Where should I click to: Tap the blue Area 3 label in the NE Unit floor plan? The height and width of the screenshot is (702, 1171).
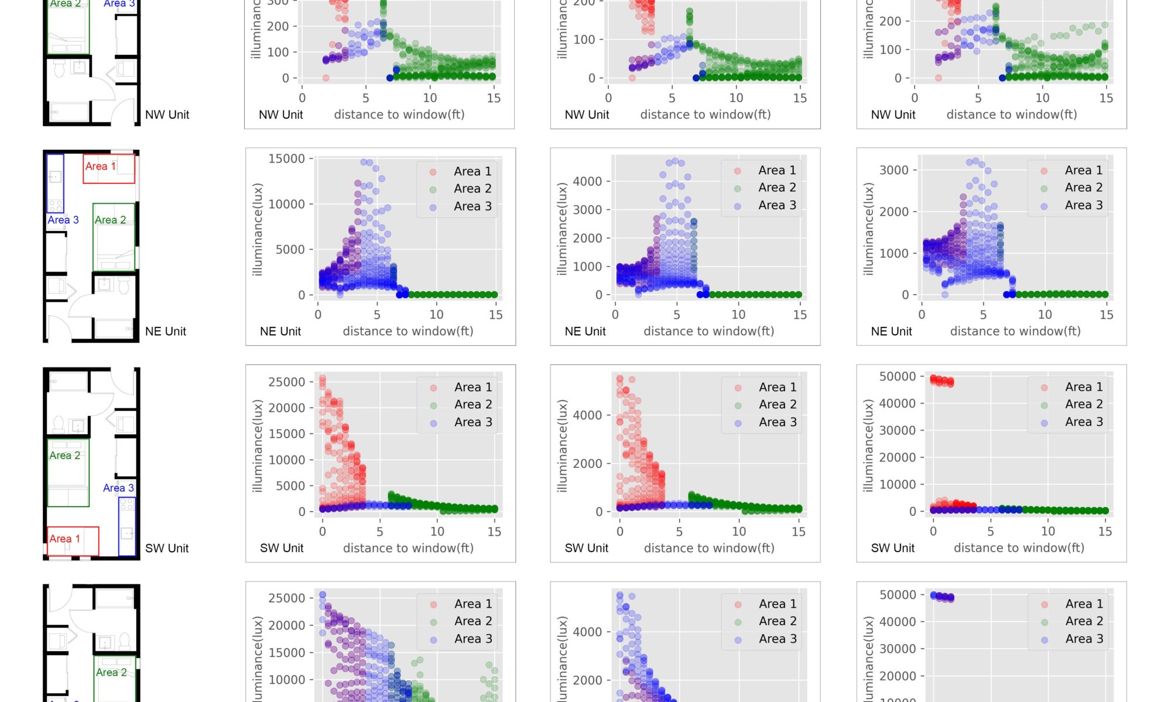pos(63,220)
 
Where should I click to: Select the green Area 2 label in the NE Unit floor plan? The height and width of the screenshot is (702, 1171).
pos(110,220)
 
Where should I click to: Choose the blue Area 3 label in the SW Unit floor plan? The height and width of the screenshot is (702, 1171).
pos(118,488)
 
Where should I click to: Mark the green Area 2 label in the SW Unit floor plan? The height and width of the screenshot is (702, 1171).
pos(64,456)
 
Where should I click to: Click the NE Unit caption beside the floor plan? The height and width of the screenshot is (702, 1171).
pos(165,331)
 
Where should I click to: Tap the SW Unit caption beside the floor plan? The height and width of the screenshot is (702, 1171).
pos(166,548)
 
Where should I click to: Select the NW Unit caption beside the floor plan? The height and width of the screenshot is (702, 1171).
pos(167,115)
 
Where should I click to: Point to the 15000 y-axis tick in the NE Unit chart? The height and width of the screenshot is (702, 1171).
pos(286,159)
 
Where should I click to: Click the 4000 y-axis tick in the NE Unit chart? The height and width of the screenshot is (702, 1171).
pos(587,181)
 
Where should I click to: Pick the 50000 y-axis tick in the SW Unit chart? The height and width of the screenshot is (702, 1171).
pos(897,376)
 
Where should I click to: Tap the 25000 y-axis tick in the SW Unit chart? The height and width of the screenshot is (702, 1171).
pos(286,382)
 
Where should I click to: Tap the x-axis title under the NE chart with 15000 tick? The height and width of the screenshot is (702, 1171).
pos(408,331)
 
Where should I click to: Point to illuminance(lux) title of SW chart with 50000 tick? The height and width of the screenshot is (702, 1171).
pos(868,446)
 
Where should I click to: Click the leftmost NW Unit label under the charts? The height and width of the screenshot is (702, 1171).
pos(280,115)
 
